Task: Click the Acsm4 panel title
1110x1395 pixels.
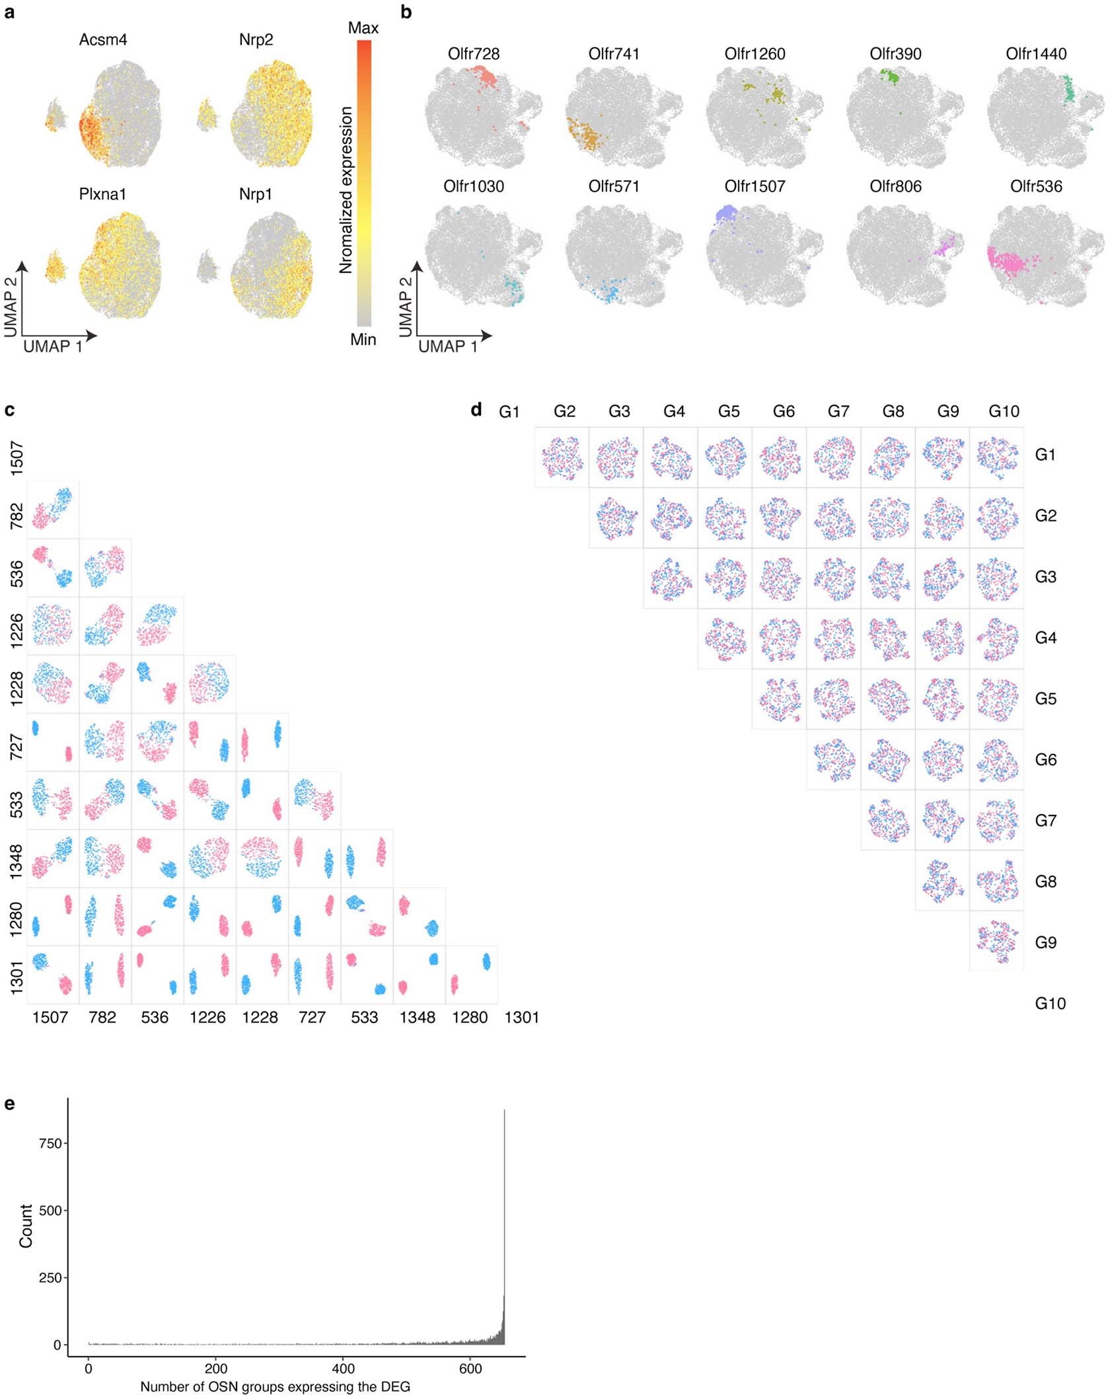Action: pos(103,40)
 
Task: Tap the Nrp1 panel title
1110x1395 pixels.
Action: pos(256,194)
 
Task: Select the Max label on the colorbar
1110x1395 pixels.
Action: pos(363,28)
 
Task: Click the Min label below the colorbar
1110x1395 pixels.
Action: pos(363,340)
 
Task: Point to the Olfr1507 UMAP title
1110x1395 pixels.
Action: pos(755,186)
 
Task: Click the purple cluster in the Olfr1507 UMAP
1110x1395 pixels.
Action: pos(727,215)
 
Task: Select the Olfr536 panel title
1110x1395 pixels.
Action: pos(1036,186)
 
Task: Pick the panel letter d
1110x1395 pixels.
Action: pos(476,410)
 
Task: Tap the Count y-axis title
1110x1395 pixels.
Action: pos(26,1226)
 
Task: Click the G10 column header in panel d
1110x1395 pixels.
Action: pos(1004,412)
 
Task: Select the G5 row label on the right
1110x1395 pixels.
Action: pos(1045,698)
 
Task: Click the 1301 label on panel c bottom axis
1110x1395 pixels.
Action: pos(521,1017)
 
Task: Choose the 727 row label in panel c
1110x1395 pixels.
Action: pos(17,746)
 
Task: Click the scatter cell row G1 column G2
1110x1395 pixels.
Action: pos(562,457)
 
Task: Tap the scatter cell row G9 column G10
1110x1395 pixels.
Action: pos(997,942)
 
